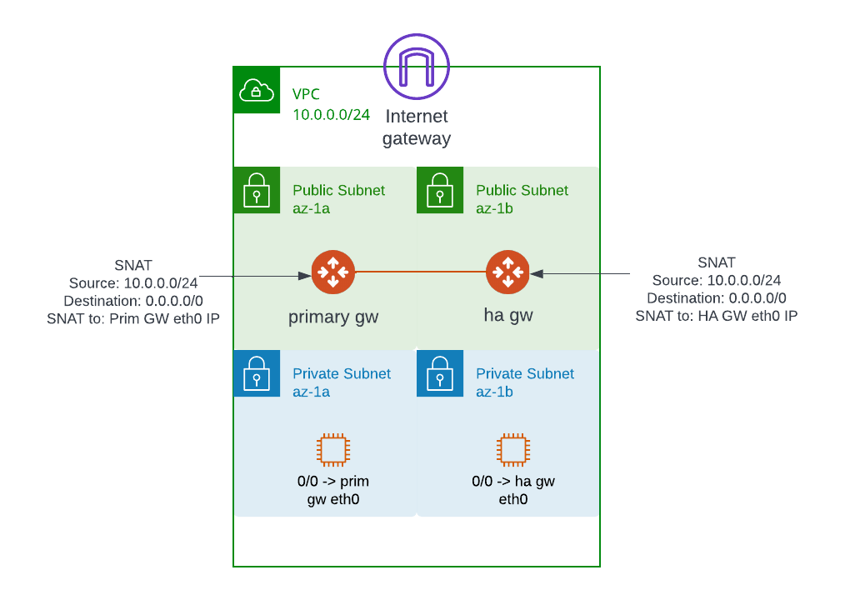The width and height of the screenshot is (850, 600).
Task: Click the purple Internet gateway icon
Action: (x=417, y=67)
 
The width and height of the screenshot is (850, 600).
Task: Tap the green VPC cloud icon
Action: (x=257, y=90)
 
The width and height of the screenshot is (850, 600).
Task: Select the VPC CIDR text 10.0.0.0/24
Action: (x=331, y=115)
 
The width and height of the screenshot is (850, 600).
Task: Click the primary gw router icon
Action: (x=332, y=272)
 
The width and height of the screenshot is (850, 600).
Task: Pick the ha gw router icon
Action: (x=507, y=272)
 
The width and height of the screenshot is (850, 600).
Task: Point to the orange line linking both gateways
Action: (x=420, y=272)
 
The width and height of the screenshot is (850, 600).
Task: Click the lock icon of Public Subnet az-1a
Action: (x=257, y=190)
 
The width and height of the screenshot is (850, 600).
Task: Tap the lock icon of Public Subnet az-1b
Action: (x=440, y=190)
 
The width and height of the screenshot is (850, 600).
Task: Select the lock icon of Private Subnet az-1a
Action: (x=257, y=373)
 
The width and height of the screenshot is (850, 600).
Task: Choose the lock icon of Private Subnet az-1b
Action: (x=440, y=373)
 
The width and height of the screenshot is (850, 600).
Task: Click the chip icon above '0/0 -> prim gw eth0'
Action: (x=332, y=450)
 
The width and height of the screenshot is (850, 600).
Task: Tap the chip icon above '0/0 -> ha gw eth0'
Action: (x=512, y=450)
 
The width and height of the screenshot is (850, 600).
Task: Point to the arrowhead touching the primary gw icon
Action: (x=305, y=276)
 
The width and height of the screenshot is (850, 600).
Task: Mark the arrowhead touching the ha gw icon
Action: (x=537, y=273)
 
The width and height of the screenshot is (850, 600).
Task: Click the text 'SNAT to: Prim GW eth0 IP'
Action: (x=133, y=318)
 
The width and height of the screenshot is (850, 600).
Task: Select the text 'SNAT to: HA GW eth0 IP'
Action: (x=717, y=316)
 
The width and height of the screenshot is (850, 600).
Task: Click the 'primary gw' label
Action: (x=332, y=317)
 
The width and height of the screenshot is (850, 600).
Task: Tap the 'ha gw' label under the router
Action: (x=508, y=316)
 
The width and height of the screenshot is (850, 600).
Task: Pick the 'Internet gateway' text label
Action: (x=417, y=127)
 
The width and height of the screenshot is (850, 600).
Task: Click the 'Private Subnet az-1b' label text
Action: (x=525, y=382)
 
